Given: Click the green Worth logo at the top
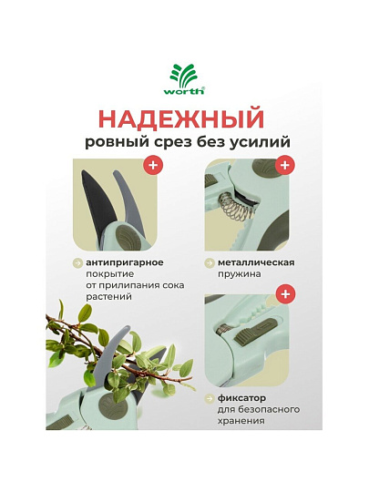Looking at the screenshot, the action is point(184,79).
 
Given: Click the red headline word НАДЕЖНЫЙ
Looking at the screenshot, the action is point(181,119).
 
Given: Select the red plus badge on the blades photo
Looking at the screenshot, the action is point(153,165).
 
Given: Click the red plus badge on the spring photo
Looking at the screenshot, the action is point(284,165).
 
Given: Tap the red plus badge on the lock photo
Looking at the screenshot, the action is point(285,294).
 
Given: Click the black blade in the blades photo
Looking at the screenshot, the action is point(97,200).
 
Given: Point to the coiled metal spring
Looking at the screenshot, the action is point(234,208).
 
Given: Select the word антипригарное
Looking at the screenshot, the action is point(125,262).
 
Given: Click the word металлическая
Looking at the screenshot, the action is point(256,262).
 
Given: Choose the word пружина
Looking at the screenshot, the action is point(239,274).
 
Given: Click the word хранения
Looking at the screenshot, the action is point(241,421).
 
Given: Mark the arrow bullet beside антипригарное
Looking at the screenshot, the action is point(77,263).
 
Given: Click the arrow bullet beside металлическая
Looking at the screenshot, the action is point(209,263).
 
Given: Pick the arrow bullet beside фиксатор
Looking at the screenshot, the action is point(209,399).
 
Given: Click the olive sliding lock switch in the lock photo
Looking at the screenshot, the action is point(255,331).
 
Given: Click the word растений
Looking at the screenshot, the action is point(108,297).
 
